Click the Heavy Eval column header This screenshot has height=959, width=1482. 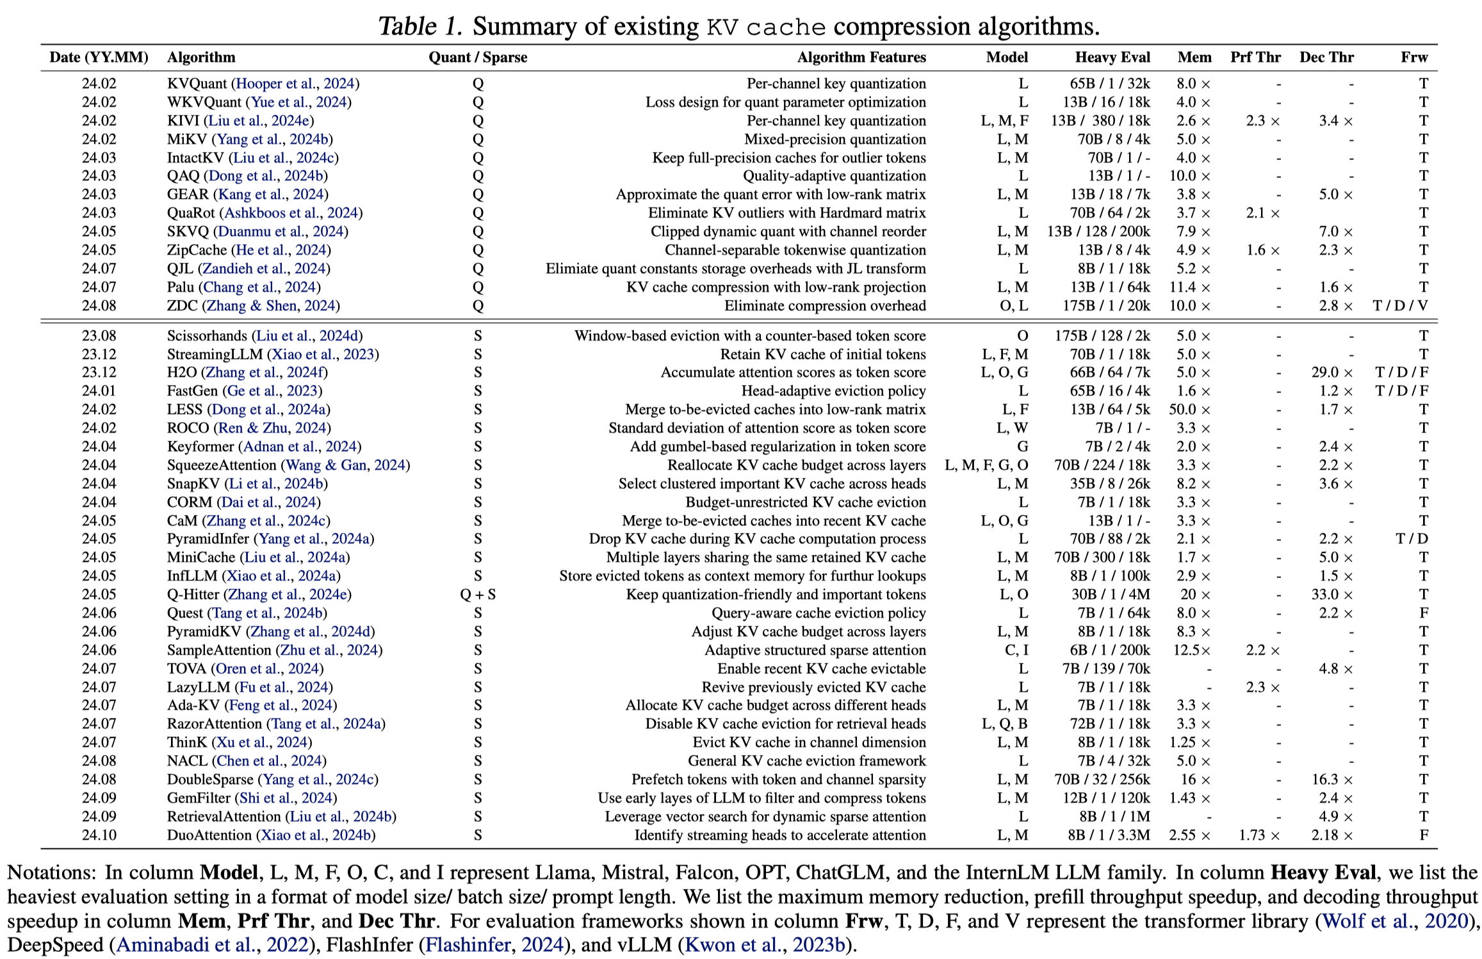pos(1112,58)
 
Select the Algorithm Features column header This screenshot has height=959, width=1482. pos(861,58)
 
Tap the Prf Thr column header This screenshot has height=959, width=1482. pos(1255,58)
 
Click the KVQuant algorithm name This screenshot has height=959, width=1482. pos(197,84)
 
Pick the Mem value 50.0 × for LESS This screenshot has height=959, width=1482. pos(1189,410)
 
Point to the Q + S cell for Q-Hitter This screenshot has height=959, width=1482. pos(478,595)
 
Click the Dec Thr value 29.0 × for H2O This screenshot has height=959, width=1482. pos(1332,373)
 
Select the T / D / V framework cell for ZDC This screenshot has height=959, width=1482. pos(1401,306)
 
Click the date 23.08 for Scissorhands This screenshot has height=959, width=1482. pos(99,336)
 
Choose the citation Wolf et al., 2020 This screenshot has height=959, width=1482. pos(1395,921)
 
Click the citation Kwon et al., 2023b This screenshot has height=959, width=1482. pos(765,946)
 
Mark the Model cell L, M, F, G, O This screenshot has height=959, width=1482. pos(986,465)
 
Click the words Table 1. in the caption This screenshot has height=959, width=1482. pos(420,26)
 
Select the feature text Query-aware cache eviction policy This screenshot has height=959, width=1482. pos(818,613)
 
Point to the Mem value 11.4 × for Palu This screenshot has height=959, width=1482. pos(1189,287)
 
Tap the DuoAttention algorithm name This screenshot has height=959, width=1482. pos(209,835)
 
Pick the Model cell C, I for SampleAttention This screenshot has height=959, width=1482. pos(1016,650)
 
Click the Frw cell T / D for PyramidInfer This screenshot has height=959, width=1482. pos(1412,539)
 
